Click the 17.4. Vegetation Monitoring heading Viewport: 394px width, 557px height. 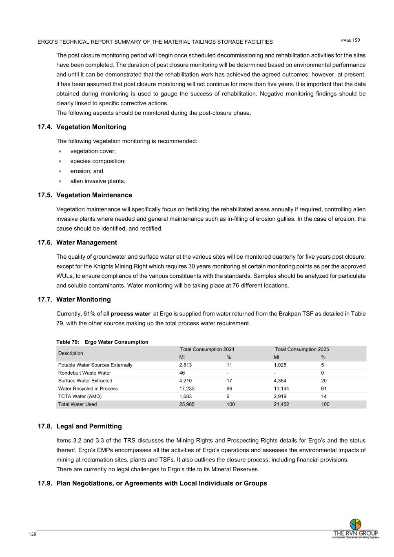pyautogui.click(x=82, y=127)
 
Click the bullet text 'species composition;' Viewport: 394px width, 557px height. pyautogui.click(x=98, y=161)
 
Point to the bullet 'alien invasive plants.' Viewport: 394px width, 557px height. pyautogui.click(x=97, y=181)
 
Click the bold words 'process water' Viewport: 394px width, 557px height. pyautogui.click(x=131, y=314)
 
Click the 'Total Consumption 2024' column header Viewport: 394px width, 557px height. pyautogui.click(x=207, y=349)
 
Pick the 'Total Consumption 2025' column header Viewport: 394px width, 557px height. pyautogui.click(x=302, y=349)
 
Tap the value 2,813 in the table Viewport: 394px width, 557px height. pyautogui.click(x=186, y=365)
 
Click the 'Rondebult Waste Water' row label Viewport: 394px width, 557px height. pyautogui.click(x=84, y=373)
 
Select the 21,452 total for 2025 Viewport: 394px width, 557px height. pyautogui.click(x=281, y=404)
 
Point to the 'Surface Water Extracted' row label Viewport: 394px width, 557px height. pyautogui.click(x=85, y=381)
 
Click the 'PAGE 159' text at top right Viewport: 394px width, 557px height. pyautogui.click(x=350, y=40)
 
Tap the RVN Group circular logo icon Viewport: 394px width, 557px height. pyautogui.click(x=355, y=524)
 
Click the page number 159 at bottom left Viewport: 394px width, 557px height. pyautogui.click(x=33, y=535)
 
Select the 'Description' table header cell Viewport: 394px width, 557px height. pyautogui.click(x=71, y=353)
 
